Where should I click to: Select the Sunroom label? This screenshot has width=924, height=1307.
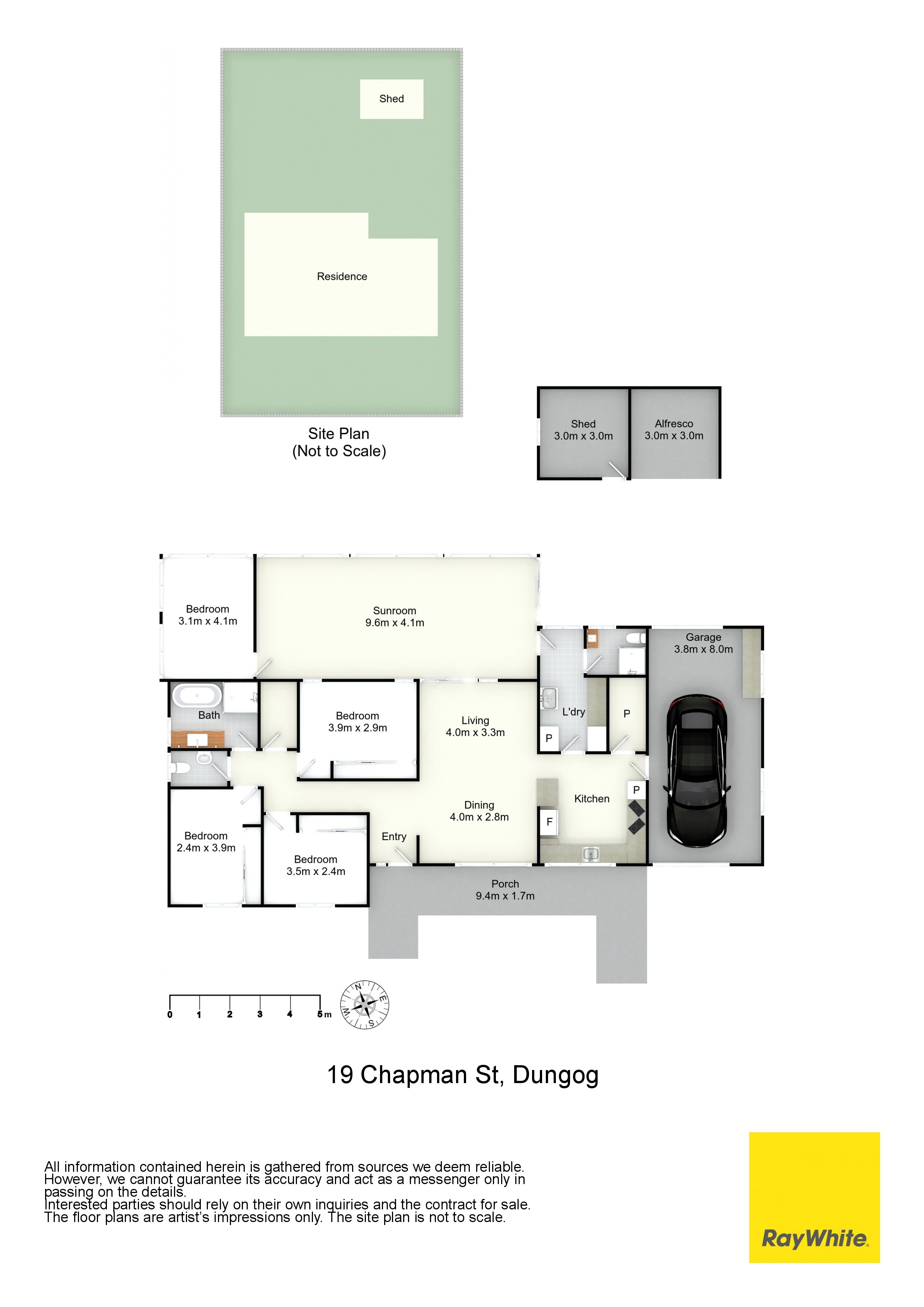(395, 610)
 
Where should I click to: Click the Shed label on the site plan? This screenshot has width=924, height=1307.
(392, 98)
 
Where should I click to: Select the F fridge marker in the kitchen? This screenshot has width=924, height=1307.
(550, 822)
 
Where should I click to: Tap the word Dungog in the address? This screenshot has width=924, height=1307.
(555, 1075)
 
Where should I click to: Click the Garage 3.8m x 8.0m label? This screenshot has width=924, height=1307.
(704, 643)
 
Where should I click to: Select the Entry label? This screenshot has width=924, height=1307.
(394, 836)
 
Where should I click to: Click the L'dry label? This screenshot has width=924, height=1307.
(573, 712)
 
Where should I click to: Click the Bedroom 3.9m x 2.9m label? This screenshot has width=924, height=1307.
(358, 721)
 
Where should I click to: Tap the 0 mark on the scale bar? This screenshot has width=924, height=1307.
(170, 1015)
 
